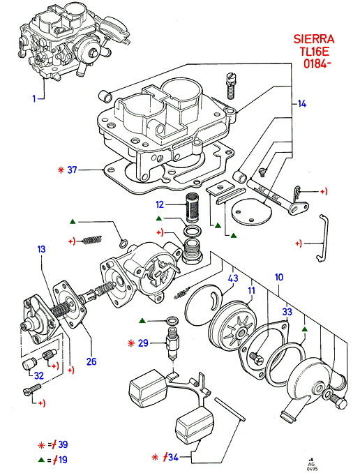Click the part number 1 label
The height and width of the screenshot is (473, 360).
34,98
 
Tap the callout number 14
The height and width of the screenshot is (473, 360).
302,104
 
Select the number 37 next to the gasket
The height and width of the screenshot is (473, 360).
72,170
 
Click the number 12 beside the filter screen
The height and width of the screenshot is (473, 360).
160,205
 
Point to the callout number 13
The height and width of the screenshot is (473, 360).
41,249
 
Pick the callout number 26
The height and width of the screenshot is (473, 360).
91,361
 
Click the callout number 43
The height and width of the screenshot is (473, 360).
233,278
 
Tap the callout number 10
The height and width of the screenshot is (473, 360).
279,277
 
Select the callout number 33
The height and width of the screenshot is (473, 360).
287,312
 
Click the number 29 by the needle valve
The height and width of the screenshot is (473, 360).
143,343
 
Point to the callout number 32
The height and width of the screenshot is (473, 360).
39,376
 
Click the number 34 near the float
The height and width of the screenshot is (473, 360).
173,458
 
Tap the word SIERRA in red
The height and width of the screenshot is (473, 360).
314,39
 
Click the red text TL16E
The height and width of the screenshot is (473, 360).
314,52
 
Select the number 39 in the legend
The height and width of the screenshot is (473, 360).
63,444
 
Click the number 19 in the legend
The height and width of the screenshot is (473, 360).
63,460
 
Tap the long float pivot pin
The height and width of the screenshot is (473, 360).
230,410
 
